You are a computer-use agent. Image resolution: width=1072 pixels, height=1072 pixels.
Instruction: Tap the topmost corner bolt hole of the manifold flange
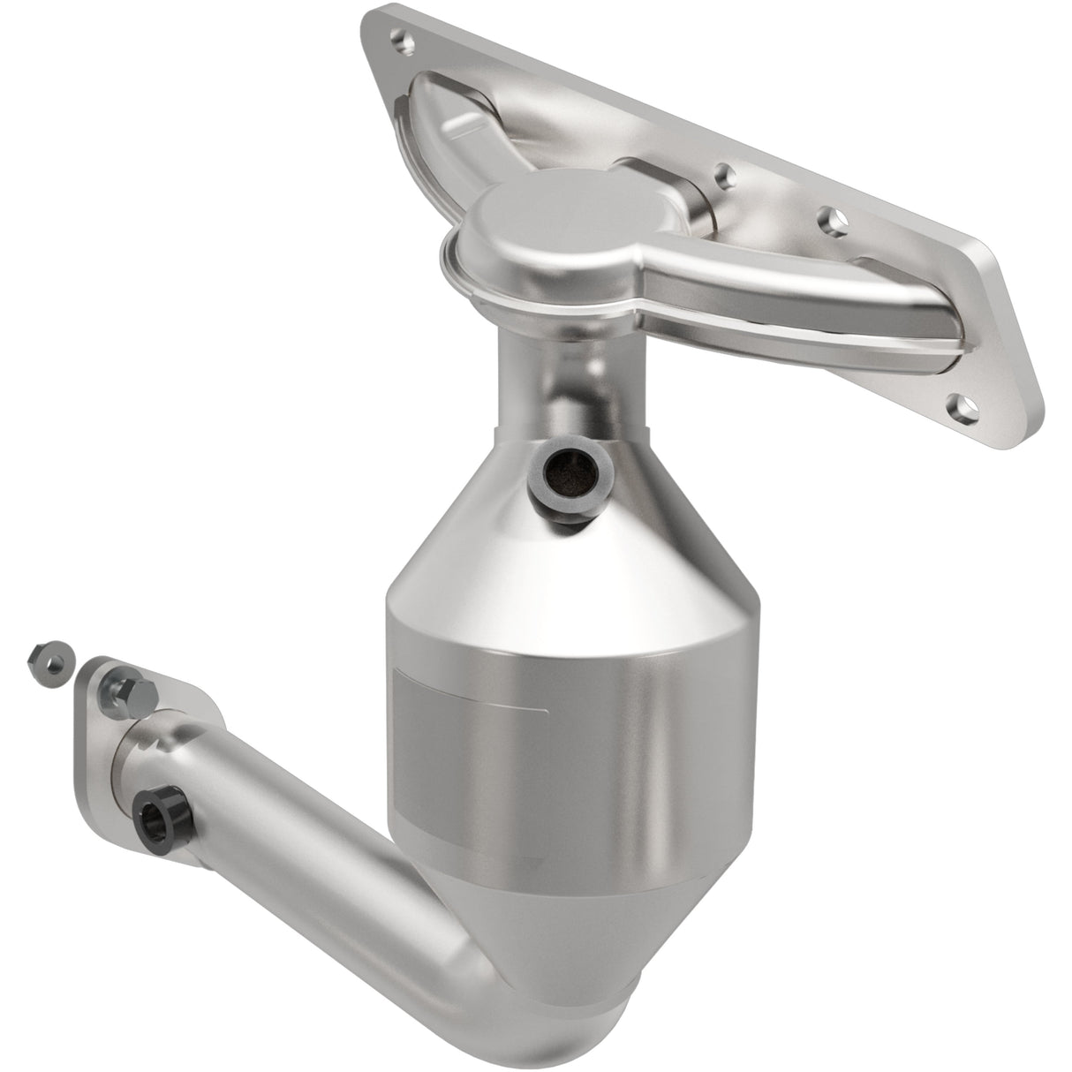pos(401,41)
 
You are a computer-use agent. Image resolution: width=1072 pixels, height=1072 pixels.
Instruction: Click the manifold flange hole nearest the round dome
pos(726,173)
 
